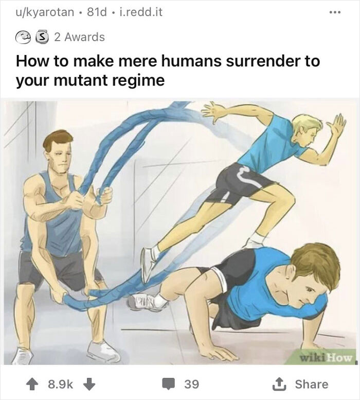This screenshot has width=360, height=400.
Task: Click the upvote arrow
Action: point(31,384)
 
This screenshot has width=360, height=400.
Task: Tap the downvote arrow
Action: point(87,384)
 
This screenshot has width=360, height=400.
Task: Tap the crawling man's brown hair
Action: point(315,263)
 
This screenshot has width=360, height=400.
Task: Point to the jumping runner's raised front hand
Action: point(337,125)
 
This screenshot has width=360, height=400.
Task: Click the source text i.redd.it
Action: point(140,12)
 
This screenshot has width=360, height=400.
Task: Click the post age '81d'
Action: point(99,12)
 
